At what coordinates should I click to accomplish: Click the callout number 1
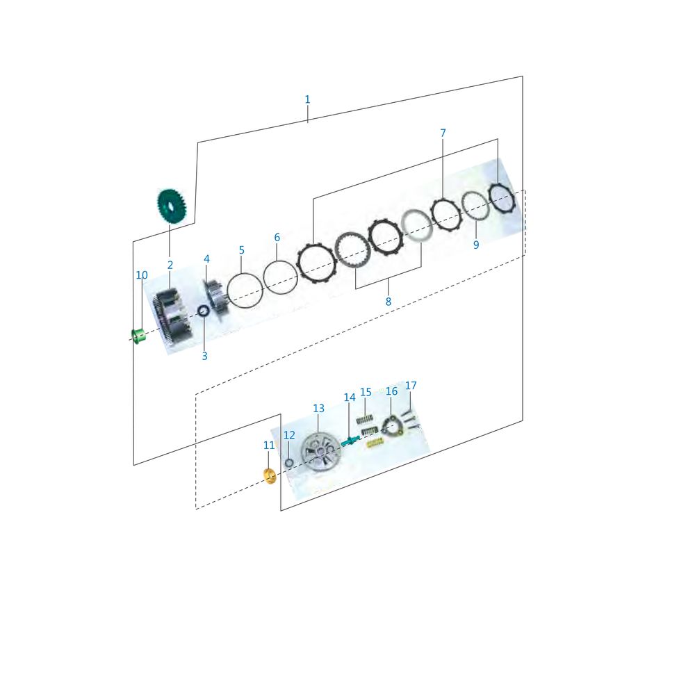[x=307, y=99]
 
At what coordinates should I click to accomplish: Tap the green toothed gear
[x=172, y=206]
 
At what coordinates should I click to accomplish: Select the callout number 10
[x=141, y=275]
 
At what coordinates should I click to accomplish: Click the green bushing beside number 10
[x=139, y=337]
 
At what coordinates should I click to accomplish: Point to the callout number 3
[x=204, y=356]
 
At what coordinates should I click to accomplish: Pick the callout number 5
[x=242, y=250]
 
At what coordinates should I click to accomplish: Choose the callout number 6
[x=277, y=237]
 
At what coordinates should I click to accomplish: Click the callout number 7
[x=443, y=133]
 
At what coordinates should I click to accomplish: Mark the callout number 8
[x=389, y=302]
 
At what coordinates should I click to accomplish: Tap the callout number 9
[x=476, y=245]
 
